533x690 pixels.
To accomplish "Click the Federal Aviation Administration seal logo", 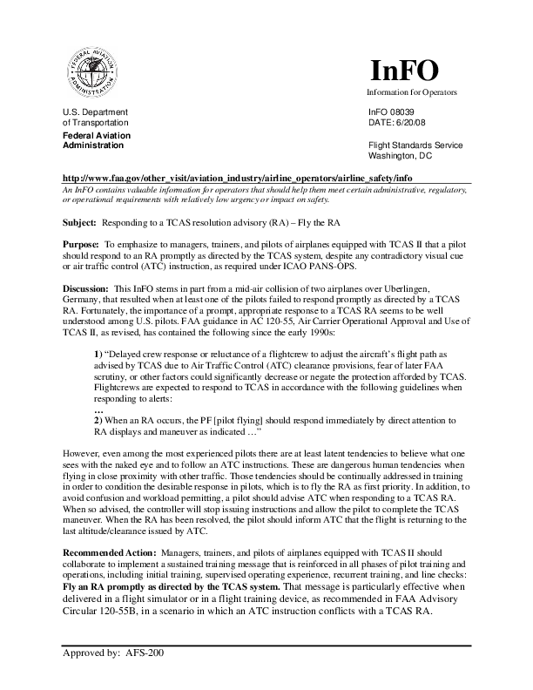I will (92, 72).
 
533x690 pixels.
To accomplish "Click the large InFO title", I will (406, 71).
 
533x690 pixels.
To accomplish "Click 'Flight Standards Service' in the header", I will (416, 145).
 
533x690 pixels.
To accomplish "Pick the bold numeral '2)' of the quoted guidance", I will (98, 419).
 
